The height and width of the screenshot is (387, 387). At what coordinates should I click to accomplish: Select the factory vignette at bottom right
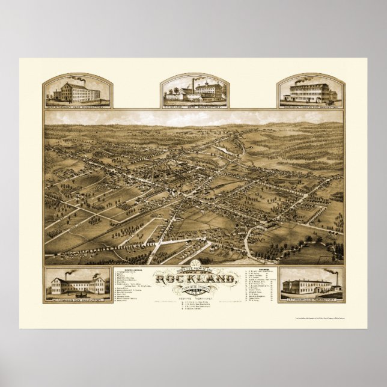click(309, 285)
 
